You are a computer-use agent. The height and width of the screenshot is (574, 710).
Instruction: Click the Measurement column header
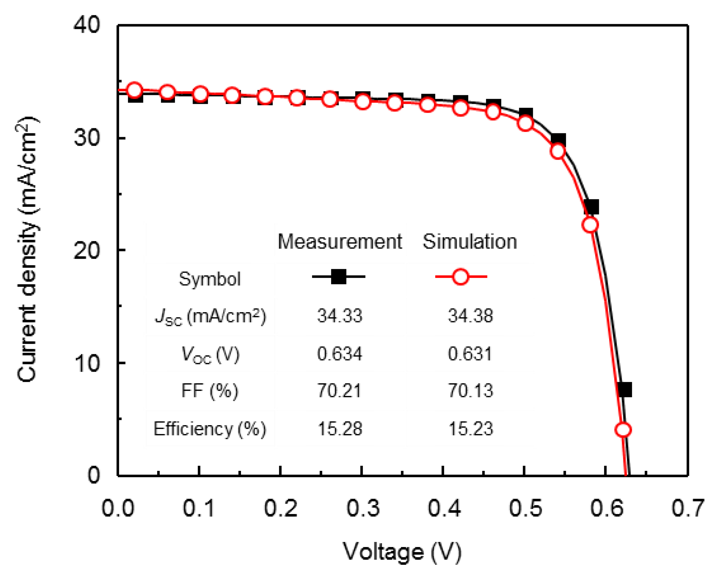click(x=340, y=242)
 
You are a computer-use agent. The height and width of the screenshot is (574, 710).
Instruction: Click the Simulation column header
click(x=469, y=242)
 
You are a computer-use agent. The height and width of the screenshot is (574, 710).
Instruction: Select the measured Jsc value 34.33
click(x=340, y=316)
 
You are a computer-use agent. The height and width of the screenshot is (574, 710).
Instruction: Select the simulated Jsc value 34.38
click(x=470, y=316)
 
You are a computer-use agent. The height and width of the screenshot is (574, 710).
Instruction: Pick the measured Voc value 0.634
click(x=340, y=354)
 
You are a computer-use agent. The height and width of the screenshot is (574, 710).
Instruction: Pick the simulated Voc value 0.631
click(x=470, y=354)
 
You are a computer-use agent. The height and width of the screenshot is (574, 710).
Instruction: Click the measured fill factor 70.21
click(x=340, y=390)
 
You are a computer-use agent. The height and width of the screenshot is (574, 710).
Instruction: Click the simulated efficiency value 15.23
click(x=470, y=429)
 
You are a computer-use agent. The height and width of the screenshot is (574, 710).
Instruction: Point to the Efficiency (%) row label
click(x=209, y=429)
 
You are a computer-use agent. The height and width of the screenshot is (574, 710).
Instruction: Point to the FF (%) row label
click(x=209, y=390)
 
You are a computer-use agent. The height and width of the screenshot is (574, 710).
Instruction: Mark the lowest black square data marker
click(x=624, y=390)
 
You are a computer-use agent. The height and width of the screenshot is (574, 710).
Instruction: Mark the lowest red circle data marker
click(x=623, y=430)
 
